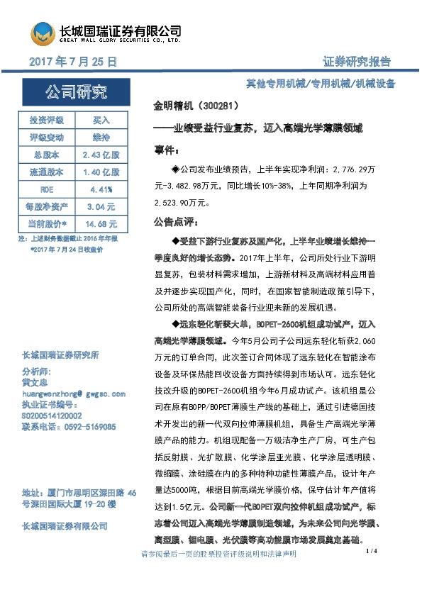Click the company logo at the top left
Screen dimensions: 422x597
coord(43,33)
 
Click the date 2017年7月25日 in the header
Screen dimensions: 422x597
coord(73,62)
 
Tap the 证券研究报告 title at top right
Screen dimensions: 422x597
coord(360,62)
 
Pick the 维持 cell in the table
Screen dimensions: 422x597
coord(102,136)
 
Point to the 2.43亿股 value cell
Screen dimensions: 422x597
coord(102,154)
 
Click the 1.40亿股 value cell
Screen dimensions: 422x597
coord(102,172)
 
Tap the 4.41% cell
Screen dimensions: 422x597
coord(102,189)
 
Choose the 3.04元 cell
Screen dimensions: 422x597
coord(102,207)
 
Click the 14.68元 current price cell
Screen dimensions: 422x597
coord(102,224)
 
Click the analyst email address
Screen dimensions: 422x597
coord(74,393)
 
